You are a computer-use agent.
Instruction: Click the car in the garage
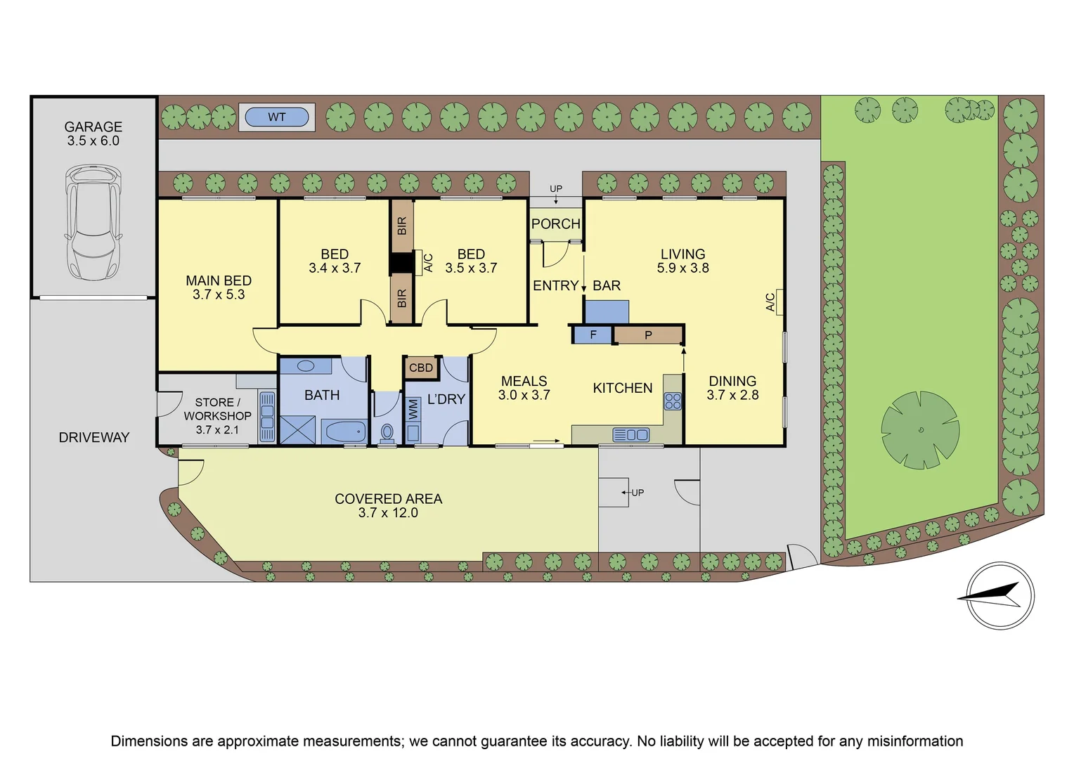pos(93,222)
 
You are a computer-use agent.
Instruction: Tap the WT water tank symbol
pos(277,117)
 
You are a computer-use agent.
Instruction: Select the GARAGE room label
pos(93,127)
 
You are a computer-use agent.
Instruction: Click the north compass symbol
pos(999,595)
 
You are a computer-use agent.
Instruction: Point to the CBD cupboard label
pos(421,368)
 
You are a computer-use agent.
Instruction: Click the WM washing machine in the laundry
pos(413,409)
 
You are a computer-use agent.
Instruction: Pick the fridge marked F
pos(593,335)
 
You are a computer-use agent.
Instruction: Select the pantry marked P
pos(648,335)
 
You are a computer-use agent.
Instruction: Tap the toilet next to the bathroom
pos(387,431)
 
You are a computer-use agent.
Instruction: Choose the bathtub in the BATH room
pos(344,430)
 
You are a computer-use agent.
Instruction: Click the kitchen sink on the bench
pos(631,435)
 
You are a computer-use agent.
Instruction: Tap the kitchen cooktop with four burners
pos(673,401)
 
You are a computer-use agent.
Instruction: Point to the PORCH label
pos(555,224)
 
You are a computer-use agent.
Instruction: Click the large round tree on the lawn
pos(919,430)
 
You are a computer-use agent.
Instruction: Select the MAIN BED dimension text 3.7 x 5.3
pos(219,294)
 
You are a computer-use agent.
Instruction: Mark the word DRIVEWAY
pos(94,437)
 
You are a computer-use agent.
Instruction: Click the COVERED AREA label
pos(388,499)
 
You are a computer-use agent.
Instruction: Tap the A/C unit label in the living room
pos(771,302)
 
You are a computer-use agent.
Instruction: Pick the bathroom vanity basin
pos(306,366)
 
